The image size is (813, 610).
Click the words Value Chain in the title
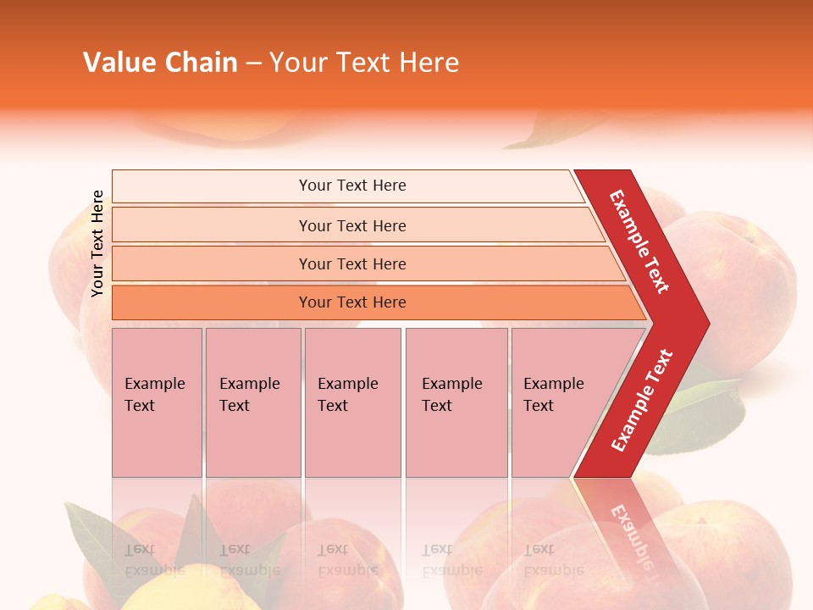(160, 63)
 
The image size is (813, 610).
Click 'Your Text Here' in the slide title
(364, 63)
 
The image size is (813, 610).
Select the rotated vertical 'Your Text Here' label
(97, 243)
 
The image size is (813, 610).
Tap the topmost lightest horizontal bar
(351, 186)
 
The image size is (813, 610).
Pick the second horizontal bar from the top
(351, 225)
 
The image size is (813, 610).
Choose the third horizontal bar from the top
(351, 264)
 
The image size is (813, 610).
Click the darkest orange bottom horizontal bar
(351, 302)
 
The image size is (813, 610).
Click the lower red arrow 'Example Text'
(641, 400)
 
